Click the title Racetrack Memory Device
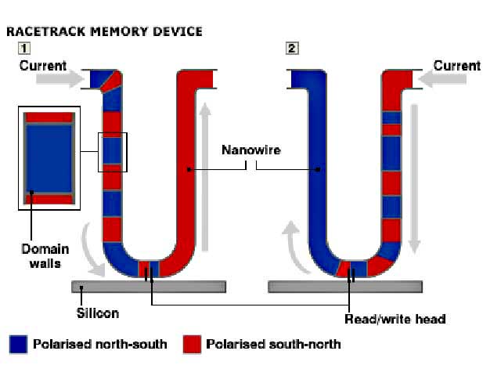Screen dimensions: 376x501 [x=104, y=31]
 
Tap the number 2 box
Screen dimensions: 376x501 [x=292, y=49]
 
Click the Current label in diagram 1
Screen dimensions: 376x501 [x=43, y=66]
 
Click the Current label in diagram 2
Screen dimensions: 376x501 [x=456, y=66]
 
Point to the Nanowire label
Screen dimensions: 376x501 [x=247, y=149]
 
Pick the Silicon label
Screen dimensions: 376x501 [x=97, y=313]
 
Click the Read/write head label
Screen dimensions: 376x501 [x=395, y=319]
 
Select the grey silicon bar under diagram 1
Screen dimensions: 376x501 [x=149, y=287]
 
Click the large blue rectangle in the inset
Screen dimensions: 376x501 [x=49, y=157]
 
